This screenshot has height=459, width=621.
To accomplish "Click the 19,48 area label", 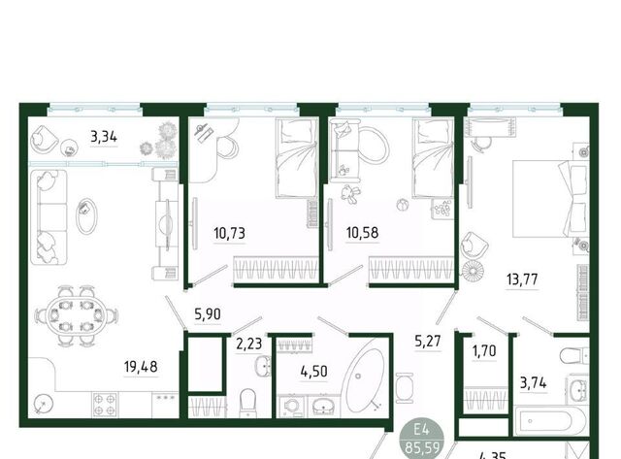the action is coord(141,367).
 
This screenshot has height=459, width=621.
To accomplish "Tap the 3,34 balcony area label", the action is coord(104,137).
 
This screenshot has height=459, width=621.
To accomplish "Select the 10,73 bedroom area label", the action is coord(229,233).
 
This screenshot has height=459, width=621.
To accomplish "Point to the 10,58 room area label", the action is coord(362,232).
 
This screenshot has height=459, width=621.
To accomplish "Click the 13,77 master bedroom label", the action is coord(522,279).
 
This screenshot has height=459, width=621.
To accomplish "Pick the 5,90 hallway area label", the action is coord(208,314).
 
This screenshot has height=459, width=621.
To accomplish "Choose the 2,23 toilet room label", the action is coord(249,344).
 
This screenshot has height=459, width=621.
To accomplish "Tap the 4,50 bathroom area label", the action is coord(313,372).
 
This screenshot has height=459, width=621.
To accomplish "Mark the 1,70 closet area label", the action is coord(484,350).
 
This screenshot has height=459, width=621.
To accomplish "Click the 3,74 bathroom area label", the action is coord(533,383).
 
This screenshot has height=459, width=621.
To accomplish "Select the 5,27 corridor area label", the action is coord(428,341).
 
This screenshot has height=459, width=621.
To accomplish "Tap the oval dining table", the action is coord(76,315).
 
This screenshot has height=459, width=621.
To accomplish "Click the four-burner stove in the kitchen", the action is coord(105,405).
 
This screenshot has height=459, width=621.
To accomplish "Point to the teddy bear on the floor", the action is coord(351,194).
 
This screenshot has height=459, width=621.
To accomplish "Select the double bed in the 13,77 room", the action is coord(551,198).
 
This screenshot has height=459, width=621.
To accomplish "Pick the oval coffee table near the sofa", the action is coord(86,215).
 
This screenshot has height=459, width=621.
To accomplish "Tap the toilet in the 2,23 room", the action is coord(248,402).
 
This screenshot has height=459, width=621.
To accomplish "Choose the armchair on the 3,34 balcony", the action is coord(44,141).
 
